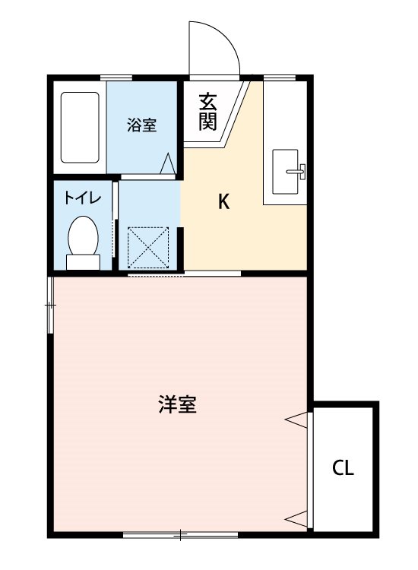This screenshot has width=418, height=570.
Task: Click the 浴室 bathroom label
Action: click(x=142, y=125)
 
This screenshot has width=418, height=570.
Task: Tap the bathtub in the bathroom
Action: click(x=80, y=127)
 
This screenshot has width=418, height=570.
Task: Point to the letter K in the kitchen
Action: click(x=223, y=201)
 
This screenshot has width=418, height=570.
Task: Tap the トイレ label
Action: click(x=79, y=198)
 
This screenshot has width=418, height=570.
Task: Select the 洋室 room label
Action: click(x=179, y=404)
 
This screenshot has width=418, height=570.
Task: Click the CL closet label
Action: click(x=344, y=468)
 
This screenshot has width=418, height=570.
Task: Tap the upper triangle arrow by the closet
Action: click(x=297, y=417)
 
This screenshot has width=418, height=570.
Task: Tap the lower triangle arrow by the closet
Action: click(x=297, y=520)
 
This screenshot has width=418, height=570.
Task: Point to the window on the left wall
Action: click(x=50, y=305)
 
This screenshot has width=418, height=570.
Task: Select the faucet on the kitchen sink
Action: click(x=299, y=171)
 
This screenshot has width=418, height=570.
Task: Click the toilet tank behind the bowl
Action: click(x=83, y=262)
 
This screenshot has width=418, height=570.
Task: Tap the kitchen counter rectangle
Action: click(x=285, y=144)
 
